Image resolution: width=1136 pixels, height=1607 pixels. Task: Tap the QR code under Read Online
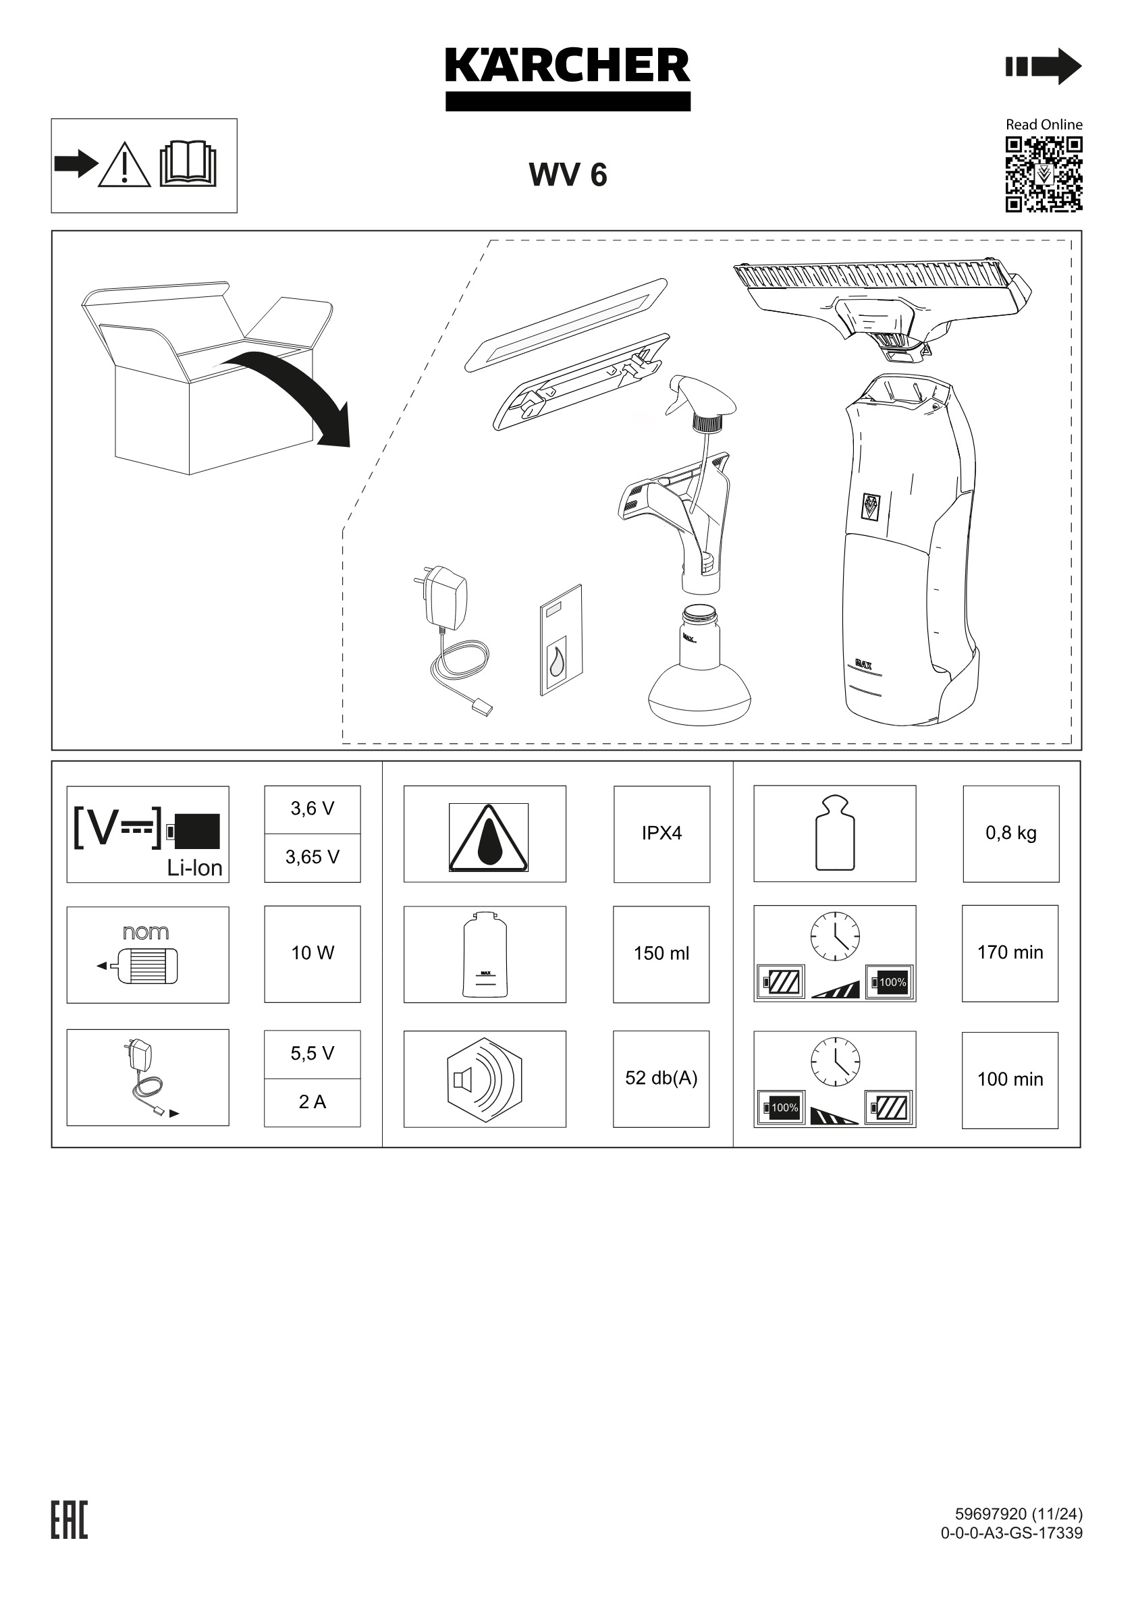coord(1044,174)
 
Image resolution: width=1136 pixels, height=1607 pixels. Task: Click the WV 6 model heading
coord(568,175)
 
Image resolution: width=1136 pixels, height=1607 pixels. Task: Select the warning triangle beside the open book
coord(125,165)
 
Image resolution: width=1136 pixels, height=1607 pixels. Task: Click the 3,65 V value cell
coord(312,857)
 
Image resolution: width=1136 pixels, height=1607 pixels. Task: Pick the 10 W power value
coord(312,953)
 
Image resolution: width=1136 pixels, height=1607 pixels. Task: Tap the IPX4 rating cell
coord(661,833)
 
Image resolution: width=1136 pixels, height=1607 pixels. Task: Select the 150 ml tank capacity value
coord(661,953)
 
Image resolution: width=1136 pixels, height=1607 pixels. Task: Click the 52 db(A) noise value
coord(661,1078)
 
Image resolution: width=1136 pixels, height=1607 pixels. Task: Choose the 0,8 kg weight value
coord(1010,833)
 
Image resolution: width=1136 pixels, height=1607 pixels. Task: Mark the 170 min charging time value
coord(1010,952)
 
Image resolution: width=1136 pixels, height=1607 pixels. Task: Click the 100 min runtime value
coord(1010,1079)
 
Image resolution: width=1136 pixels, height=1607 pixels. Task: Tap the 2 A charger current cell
coord(312,1102)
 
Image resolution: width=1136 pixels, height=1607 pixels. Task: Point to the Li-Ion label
coord(194,868)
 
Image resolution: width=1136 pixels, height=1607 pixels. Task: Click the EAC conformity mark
coord(70,1521)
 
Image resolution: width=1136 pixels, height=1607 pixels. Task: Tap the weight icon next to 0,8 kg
coord(834,833)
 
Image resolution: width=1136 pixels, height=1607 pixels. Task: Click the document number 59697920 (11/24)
coord(1019,1514)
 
